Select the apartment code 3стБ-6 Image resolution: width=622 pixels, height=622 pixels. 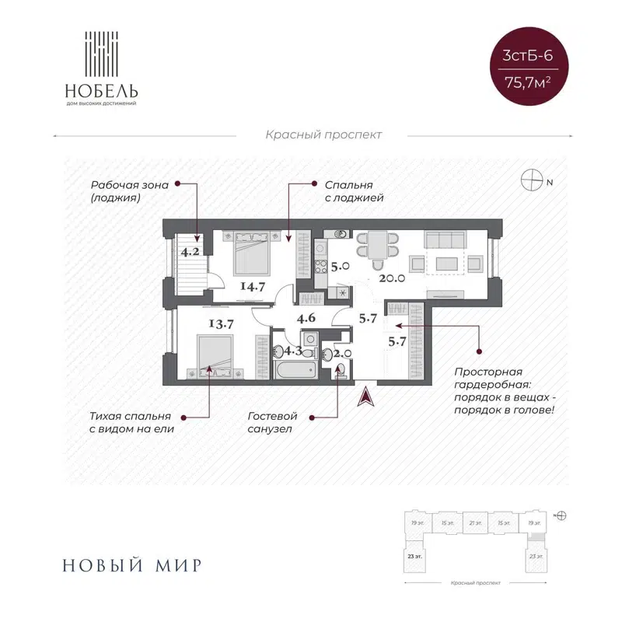(533, 56)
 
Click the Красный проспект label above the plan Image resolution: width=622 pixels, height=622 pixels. (324, 135)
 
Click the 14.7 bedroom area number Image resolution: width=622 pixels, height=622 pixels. (253, 285)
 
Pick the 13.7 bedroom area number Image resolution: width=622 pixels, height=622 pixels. (221, 323)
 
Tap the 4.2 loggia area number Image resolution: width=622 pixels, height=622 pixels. (190, 251)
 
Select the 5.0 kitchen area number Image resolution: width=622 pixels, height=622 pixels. (339, 267)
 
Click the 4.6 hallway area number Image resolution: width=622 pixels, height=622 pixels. (306, 316)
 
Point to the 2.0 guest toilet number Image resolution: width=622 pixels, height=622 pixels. (343, 352)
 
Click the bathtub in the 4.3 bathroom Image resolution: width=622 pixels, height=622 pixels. (292, 368)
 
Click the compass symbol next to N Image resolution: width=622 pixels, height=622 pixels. (533, 181)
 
